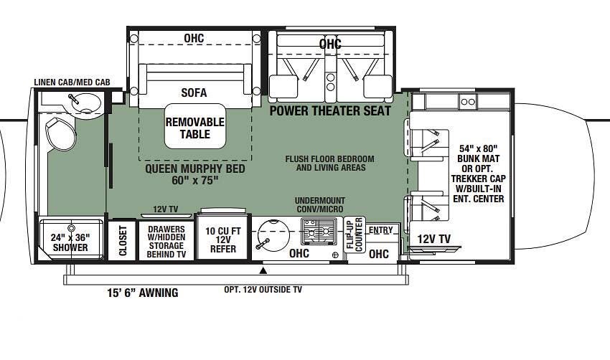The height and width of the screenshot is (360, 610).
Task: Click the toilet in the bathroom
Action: tap(60, 133)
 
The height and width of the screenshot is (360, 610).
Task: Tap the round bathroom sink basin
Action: tap(86, 103)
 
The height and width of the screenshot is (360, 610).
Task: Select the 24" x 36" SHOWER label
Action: tap(70, 242)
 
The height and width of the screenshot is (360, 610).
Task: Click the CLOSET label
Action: tap(123, 241)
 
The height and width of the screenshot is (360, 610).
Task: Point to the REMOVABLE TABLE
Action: tap(195, 126)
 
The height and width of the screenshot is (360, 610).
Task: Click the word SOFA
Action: tap(194, 93)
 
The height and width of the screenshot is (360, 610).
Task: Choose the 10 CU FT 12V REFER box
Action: tap(223, 237)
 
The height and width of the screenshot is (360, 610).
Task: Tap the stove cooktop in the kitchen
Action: tap(319, 230)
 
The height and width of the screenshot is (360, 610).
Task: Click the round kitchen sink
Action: tap(274, 235)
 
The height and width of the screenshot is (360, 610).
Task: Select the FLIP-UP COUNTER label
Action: tap(355, 235)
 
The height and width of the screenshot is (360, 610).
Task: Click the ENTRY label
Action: tap(380, 230)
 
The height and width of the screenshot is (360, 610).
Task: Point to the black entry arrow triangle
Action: tap(264, 270)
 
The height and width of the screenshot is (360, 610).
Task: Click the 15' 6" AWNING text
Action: tap(143, 293)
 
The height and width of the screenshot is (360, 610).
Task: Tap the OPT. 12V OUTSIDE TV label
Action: tap(263, 290)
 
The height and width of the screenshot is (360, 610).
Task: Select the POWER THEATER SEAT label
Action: tap(330, 111)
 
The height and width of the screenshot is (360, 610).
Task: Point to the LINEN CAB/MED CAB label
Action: tap(72, 82)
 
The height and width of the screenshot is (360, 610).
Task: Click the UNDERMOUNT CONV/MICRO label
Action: tap(320, 205)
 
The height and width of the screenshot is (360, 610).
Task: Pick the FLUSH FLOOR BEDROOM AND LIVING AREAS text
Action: tap(330, 164)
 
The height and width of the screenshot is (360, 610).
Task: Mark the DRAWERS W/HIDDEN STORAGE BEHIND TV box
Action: tap(166, 241)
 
